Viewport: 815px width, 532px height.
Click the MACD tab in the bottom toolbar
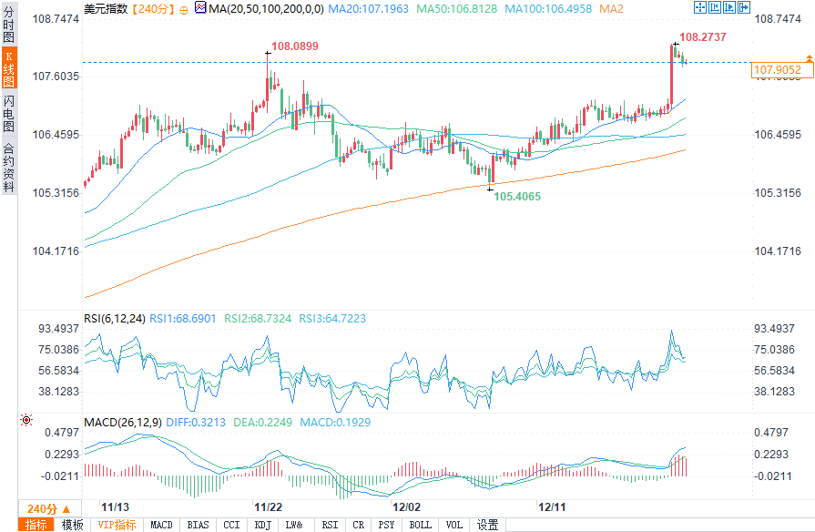tap(162, 525)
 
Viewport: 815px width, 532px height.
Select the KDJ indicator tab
tap(263, 525)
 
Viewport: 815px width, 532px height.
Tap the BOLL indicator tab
tap(420, 525)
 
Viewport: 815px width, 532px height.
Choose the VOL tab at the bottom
tap(453, 525)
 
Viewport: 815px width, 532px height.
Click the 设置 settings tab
tap(488, 525)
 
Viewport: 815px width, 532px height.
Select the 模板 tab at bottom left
tap(73, 525)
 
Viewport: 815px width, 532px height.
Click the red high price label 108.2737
tap(703, 37)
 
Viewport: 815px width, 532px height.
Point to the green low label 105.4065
tap(517, 197)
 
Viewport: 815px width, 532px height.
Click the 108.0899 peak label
tap(295, 46)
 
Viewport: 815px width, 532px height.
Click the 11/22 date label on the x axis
tap(267, 506)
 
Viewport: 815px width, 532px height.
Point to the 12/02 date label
tap(406, 506)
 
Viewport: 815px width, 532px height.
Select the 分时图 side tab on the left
tap(9, 25)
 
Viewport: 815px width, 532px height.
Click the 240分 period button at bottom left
tap(42, 508)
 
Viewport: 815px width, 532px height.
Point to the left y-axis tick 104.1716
tap(56, 251)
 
